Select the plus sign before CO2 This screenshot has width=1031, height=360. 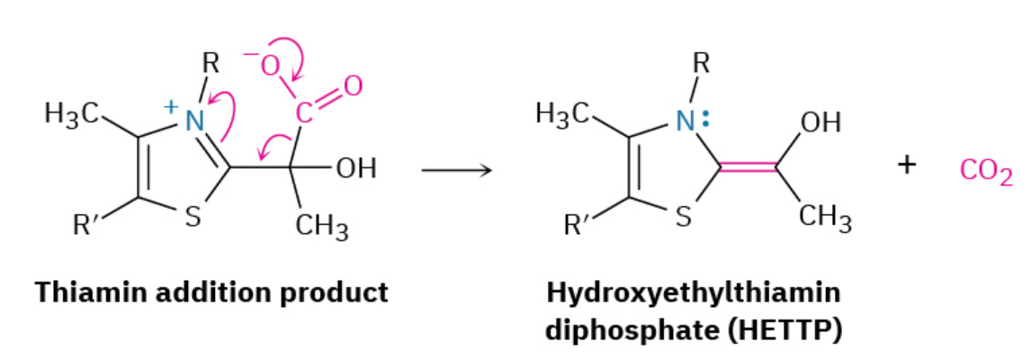pyautogui.click(x=907, y=166)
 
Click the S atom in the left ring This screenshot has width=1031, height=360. pyautogui.click(x=192, y=219)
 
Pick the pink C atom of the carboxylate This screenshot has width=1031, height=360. pyautogui.click(x=304, y=113)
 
